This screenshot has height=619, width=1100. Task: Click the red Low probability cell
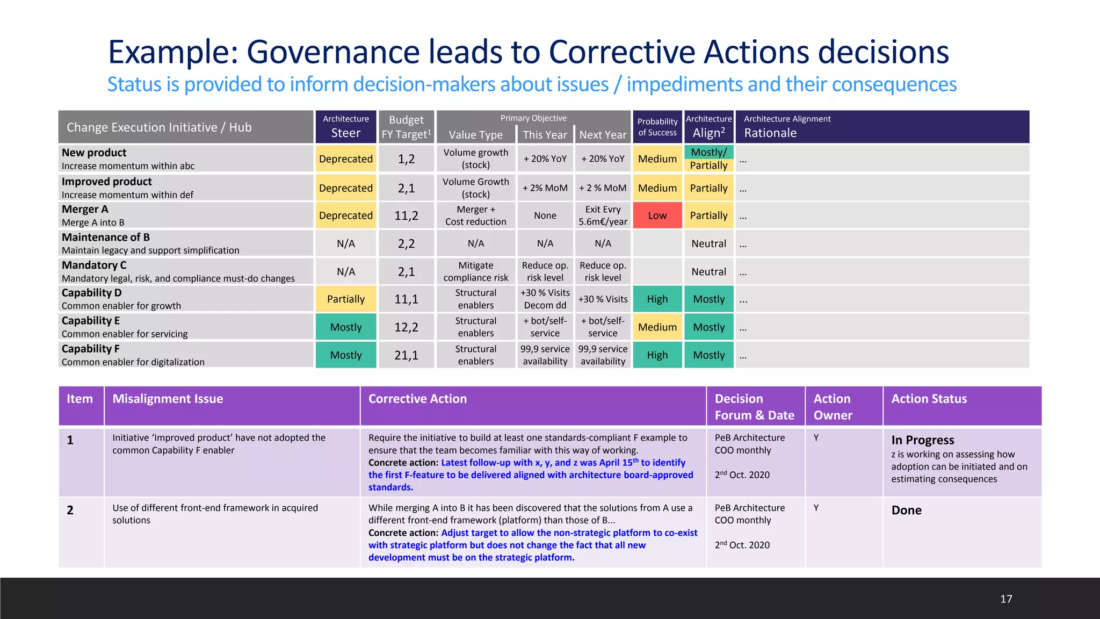pyautogui.click(x=657, y=215)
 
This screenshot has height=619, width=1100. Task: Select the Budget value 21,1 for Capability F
pyautogui.click(x=406, y=355)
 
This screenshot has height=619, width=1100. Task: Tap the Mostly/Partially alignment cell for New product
pyautogui.click(x=708, y=159)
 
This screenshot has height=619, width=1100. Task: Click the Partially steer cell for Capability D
pyautogui.click(x=345, y=299)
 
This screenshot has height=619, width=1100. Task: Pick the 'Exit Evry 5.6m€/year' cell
pyautogui.click(x=603, y=215)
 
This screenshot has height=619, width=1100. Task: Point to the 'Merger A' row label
pyautogui.click(x=85, y=209)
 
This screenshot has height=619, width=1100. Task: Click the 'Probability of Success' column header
pyautogui.click(x=657, y=127)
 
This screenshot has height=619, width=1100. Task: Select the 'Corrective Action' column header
pyautogui.click(x=417, y=399)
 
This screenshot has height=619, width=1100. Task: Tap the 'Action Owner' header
pyautogui.click(x=833, y=407)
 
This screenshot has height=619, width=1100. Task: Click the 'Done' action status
pyautogui.click(x=906, y=510)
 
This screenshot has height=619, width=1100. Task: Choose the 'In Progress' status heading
pyautogui.click(x=922, y=440)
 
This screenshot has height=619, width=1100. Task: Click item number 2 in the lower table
pyautogui.click(x=70, y=510)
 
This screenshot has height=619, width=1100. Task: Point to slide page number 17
pyautogui.click(x=1006, y=599)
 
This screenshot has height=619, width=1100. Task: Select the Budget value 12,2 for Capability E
pyautogui.click(x=406, y=327)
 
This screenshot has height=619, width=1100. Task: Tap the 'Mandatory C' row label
pyautogui.click(x=94, y=265)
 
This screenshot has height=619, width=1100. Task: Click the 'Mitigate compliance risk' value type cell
pyautogui.click(x=475, y=271)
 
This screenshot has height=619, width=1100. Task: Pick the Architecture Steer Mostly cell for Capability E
pyautogui.click(x=345, y=327)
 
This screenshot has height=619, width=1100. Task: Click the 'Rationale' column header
pyautogui.click(x=770, y=133)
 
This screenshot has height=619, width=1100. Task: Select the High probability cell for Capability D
pyautogui.click(x=657, y=299)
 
